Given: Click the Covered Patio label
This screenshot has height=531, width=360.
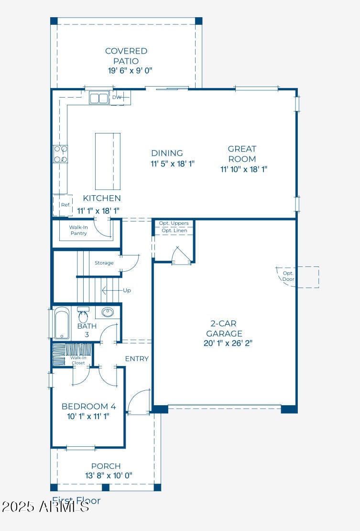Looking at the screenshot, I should click(126, 56).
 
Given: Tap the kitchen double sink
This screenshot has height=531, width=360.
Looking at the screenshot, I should click(99, 99).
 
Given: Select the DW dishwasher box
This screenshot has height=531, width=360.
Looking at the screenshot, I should click(117, 98).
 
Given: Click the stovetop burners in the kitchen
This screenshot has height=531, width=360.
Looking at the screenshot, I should click(60, 154).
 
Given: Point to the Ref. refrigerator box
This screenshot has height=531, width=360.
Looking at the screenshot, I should click(65, 205).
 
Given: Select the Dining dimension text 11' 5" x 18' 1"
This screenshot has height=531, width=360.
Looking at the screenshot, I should click(173, 164).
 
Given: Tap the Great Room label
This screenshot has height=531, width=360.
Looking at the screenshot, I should click(242, 154).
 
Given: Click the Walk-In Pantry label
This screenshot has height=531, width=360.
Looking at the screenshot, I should click(78, 230).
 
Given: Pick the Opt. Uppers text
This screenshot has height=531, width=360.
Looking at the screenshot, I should click(175, 223).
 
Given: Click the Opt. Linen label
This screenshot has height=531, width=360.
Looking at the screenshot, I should click(175, 231).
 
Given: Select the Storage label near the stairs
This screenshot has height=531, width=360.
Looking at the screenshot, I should click(104, 263).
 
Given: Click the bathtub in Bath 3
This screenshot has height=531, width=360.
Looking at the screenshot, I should click(62, 324).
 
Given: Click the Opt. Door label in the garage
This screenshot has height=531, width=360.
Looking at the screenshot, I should click(288, 276).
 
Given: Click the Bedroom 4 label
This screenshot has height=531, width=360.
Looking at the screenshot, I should click(88, 407).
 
